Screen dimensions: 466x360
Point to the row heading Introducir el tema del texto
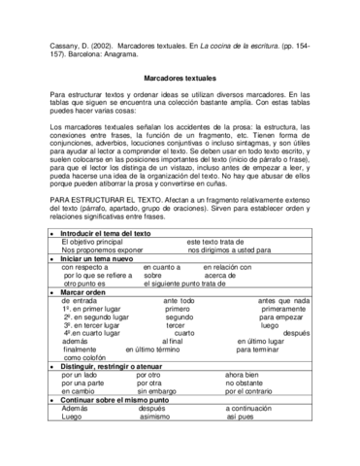point(90,235)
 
